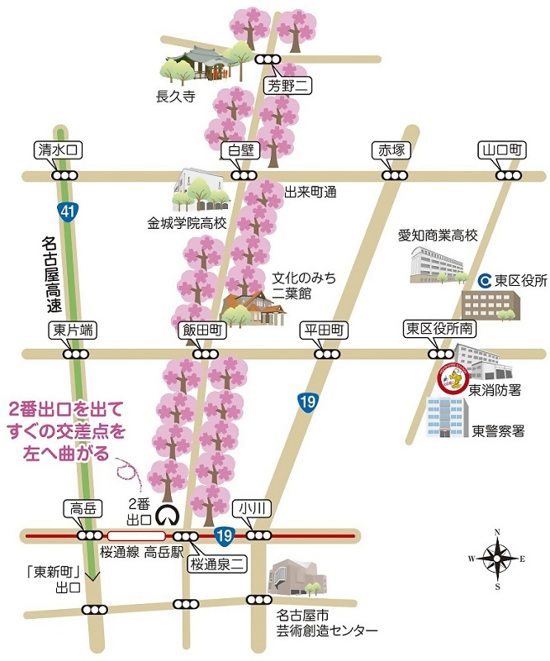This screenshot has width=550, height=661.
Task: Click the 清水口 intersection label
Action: point(58,150)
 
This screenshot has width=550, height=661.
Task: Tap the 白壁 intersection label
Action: point(239,150)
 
